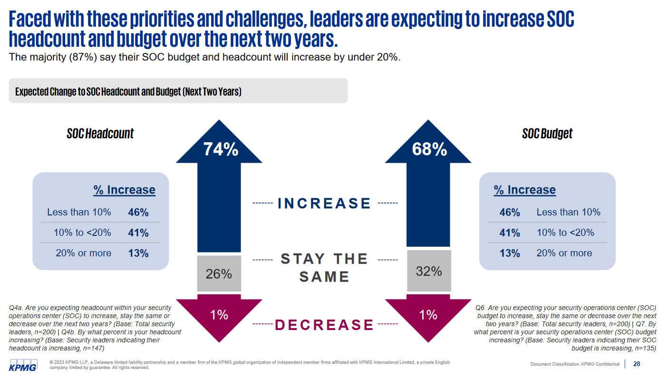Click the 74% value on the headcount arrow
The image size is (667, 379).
(221, 150)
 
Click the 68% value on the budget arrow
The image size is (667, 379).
(429, 150)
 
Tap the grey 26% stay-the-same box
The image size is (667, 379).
(219, 274)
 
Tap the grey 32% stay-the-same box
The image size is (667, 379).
(429, 271)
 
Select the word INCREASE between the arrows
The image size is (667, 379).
(324, 204)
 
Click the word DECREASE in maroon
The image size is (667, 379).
(325, 325)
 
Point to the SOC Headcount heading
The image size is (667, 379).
(100, 134)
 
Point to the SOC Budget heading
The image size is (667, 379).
(547, 134)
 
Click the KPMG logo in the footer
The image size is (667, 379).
(23, 367)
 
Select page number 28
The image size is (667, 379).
(637, 364)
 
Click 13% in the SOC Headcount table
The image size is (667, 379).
(138, 253)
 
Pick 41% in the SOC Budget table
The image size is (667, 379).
(510, 233)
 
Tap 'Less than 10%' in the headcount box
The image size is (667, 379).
(79, 212)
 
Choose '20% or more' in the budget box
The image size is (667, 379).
(564, 253)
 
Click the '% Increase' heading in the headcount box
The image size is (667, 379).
(124, 190)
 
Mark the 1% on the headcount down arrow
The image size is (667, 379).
(219, 315)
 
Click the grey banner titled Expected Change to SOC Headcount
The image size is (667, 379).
(178, 91)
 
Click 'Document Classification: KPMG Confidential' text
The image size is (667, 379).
(575, 364)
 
